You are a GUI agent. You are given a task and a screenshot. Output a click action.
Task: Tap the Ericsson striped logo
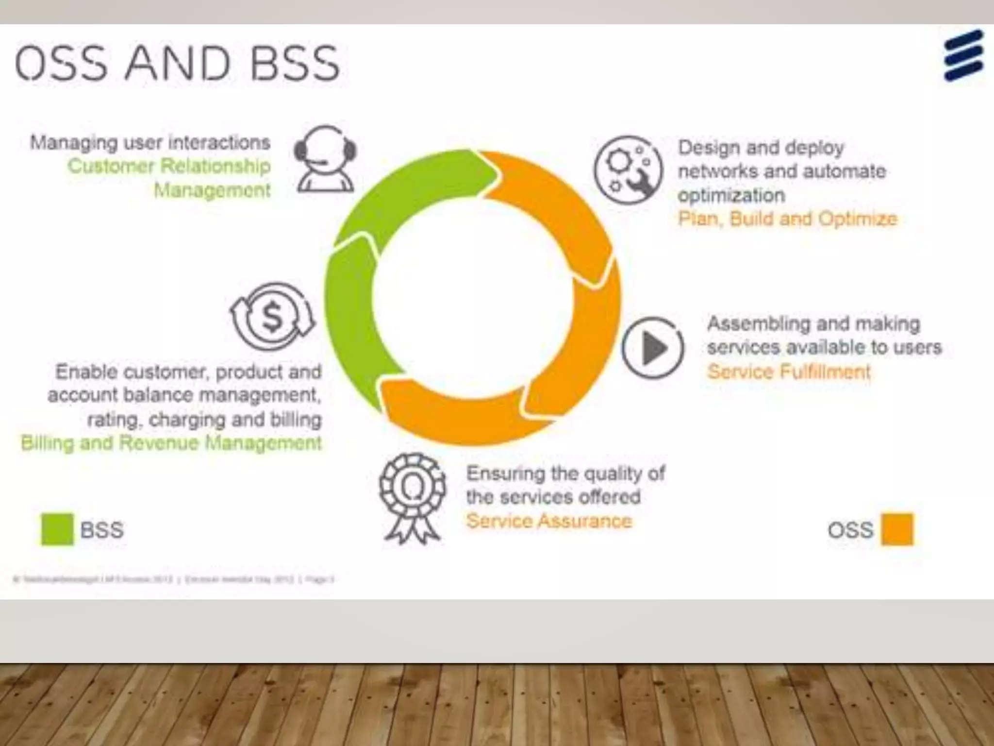(963, 55)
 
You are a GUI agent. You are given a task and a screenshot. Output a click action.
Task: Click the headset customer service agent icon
(325, 158)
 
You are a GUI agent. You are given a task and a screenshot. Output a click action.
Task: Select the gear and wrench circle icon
(628, 170)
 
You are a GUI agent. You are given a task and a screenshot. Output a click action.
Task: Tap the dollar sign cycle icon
(272, 316)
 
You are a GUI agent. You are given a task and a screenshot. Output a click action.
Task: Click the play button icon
(653, 348)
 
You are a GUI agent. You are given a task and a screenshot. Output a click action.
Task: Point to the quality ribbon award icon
(412, 497)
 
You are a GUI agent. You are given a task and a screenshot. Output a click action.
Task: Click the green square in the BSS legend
(57, 529)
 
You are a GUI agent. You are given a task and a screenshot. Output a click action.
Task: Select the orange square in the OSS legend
(897, 529)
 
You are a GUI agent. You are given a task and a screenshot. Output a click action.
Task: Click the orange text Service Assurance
(549, 521)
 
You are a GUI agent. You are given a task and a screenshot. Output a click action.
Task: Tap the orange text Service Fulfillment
(789, 372)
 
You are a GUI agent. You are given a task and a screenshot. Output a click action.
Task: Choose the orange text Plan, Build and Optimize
(787, 219)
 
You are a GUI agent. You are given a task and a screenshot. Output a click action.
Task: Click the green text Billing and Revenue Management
(171, 443)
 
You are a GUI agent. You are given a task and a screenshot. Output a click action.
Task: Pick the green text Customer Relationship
(169, 166)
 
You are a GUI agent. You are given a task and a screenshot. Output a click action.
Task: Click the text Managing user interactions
(150, 143)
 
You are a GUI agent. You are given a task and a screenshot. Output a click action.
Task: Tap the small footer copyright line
(173, 579)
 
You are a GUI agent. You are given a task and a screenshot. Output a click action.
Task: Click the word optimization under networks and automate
(731, 195)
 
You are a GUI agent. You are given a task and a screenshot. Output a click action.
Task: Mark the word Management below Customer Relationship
(212, 190)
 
